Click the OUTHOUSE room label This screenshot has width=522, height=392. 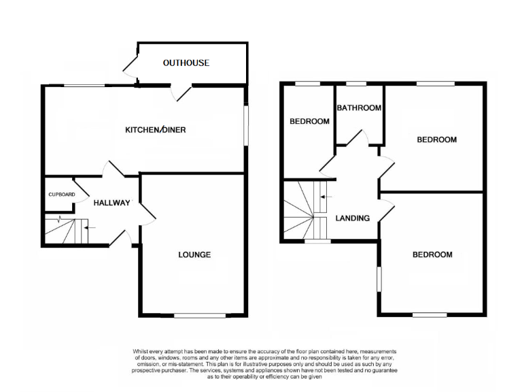click(186, 63)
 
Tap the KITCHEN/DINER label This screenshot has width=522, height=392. click(156, 130)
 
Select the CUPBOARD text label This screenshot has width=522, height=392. click(61, 195)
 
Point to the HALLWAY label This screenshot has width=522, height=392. click(111, 203)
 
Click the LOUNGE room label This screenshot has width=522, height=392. click(194, 255)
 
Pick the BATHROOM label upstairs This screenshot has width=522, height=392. click(359, 108)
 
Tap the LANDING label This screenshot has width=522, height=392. click(353, 218)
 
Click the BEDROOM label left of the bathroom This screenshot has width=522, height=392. click(309, 122)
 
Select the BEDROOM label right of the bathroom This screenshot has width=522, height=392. click(436, 140)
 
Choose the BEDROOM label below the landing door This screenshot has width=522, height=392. click(432, 255)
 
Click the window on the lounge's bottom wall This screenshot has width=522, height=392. click(199, 315)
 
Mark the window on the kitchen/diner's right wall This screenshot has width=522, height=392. click(246, 124)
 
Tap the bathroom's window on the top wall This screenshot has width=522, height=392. click(355, 84)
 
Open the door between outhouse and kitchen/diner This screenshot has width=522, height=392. click(181, 92)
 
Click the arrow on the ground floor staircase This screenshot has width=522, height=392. click(90, 227)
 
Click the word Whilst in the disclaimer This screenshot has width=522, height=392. click(141, 351)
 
